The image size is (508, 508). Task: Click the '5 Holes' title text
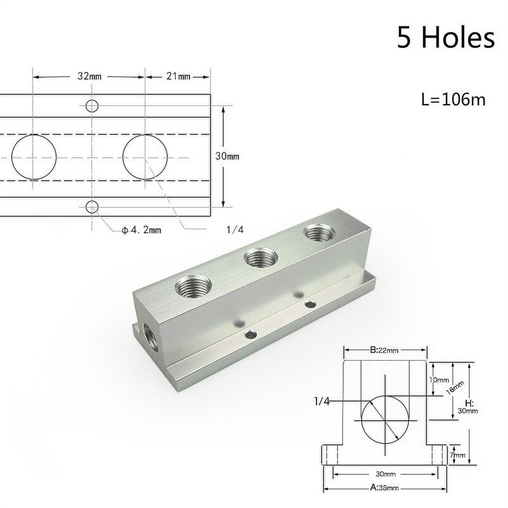point(445,38)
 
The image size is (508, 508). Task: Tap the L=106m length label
point(453,100)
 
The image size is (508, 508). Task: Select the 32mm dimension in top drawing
point(89,77)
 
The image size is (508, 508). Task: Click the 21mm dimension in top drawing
point(178,77)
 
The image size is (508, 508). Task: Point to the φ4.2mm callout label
point(142,230)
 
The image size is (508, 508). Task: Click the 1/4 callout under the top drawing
point(235,230)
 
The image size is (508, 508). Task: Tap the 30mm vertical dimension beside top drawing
point(227,156)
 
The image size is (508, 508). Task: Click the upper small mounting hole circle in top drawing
point(92,106)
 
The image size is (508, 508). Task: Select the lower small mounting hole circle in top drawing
point(92,207)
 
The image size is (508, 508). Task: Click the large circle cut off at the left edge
point(34,157)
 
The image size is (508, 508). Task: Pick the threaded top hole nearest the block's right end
point(319,233)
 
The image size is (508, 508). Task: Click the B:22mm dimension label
point(384,350)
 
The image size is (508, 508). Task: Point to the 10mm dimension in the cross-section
point(439,380)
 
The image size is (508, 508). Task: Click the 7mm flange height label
point(458,455)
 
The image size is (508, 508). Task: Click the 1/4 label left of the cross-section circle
point(322,402)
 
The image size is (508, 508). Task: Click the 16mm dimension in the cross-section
point(455,388)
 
